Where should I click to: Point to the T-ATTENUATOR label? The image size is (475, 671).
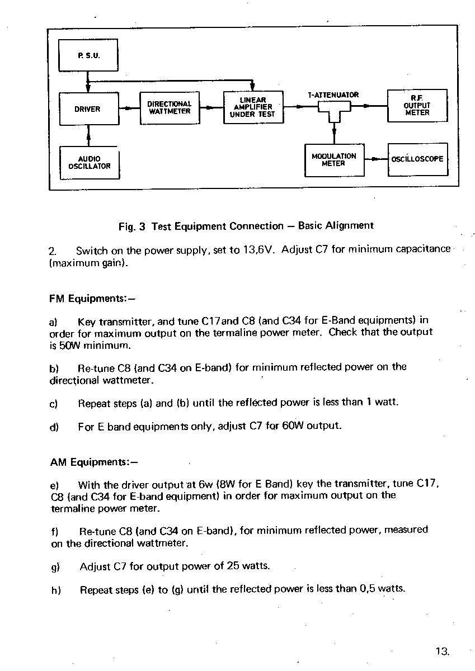[333, 95]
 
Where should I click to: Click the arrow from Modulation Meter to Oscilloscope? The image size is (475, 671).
[376, 159]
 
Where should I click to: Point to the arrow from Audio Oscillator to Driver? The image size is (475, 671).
[89, 136]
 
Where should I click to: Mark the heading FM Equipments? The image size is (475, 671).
[92, 299]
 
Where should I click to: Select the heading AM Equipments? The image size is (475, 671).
[94, 462]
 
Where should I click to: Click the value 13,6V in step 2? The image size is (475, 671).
[259, 249]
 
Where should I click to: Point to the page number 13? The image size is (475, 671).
[443, 651]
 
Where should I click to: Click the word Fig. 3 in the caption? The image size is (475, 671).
[132, 226]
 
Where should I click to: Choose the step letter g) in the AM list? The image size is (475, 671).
[55, 567]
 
